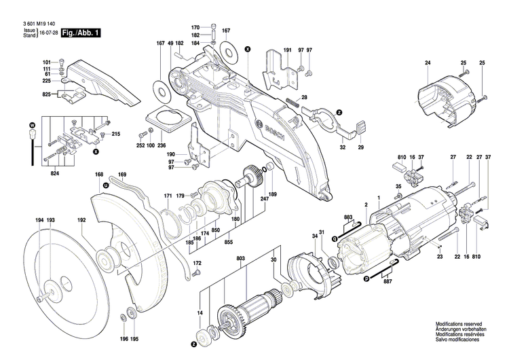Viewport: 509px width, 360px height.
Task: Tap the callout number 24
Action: tap(428, 63)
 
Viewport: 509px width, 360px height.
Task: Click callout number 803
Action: tap(241, 259)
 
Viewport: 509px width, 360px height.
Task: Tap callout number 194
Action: tap(39, 220)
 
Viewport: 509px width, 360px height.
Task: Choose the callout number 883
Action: tap(348, 217)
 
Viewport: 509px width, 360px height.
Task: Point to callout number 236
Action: tap(162, 145)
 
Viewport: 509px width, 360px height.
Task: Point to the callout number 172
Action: tap(197, 263)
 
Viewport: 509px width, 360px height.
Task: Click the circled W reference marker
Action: tap(32, 126)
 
